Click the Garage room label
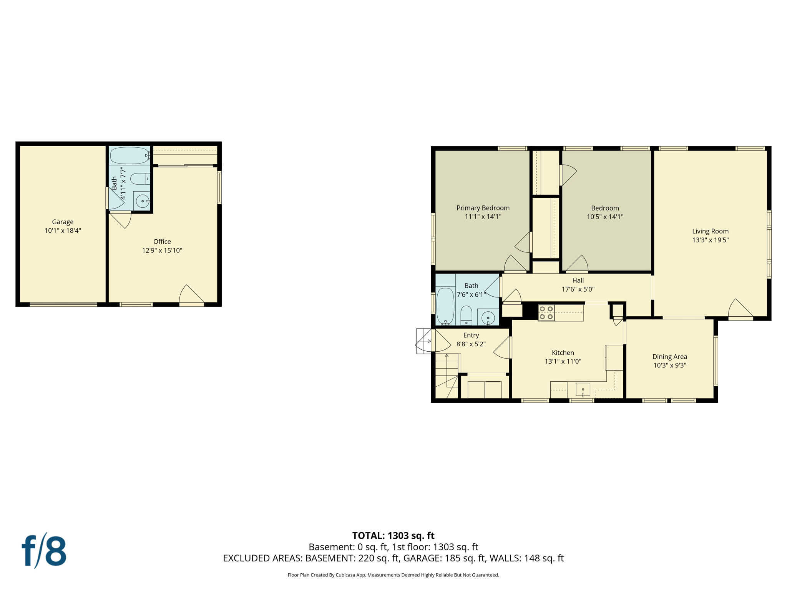pos(63,222)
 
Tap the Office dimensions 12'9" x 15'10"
pos(162,250)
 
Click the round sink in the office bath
pos(143,201)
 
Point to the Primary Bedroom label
pos(483,208)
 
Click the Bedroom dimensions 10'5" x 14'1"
pos(605,217)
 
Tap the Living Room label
pos(710,231)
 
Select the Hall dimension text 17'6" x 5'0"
pos(578,289)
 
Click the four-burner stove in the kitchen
pos(546,313)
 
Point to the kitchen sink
pos(583,389)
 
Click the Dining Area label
pos(669,357)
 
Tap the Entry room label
pos(471,336)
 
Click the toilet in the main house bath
pos(466,315)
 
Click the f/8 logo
pos(44,551)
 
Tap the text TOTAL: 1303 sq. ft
pos(393,536)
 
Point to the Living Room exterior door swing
pos(740,309)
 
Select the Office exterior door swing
pos(191,295)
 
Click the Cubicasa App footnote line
pos(393,575)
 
